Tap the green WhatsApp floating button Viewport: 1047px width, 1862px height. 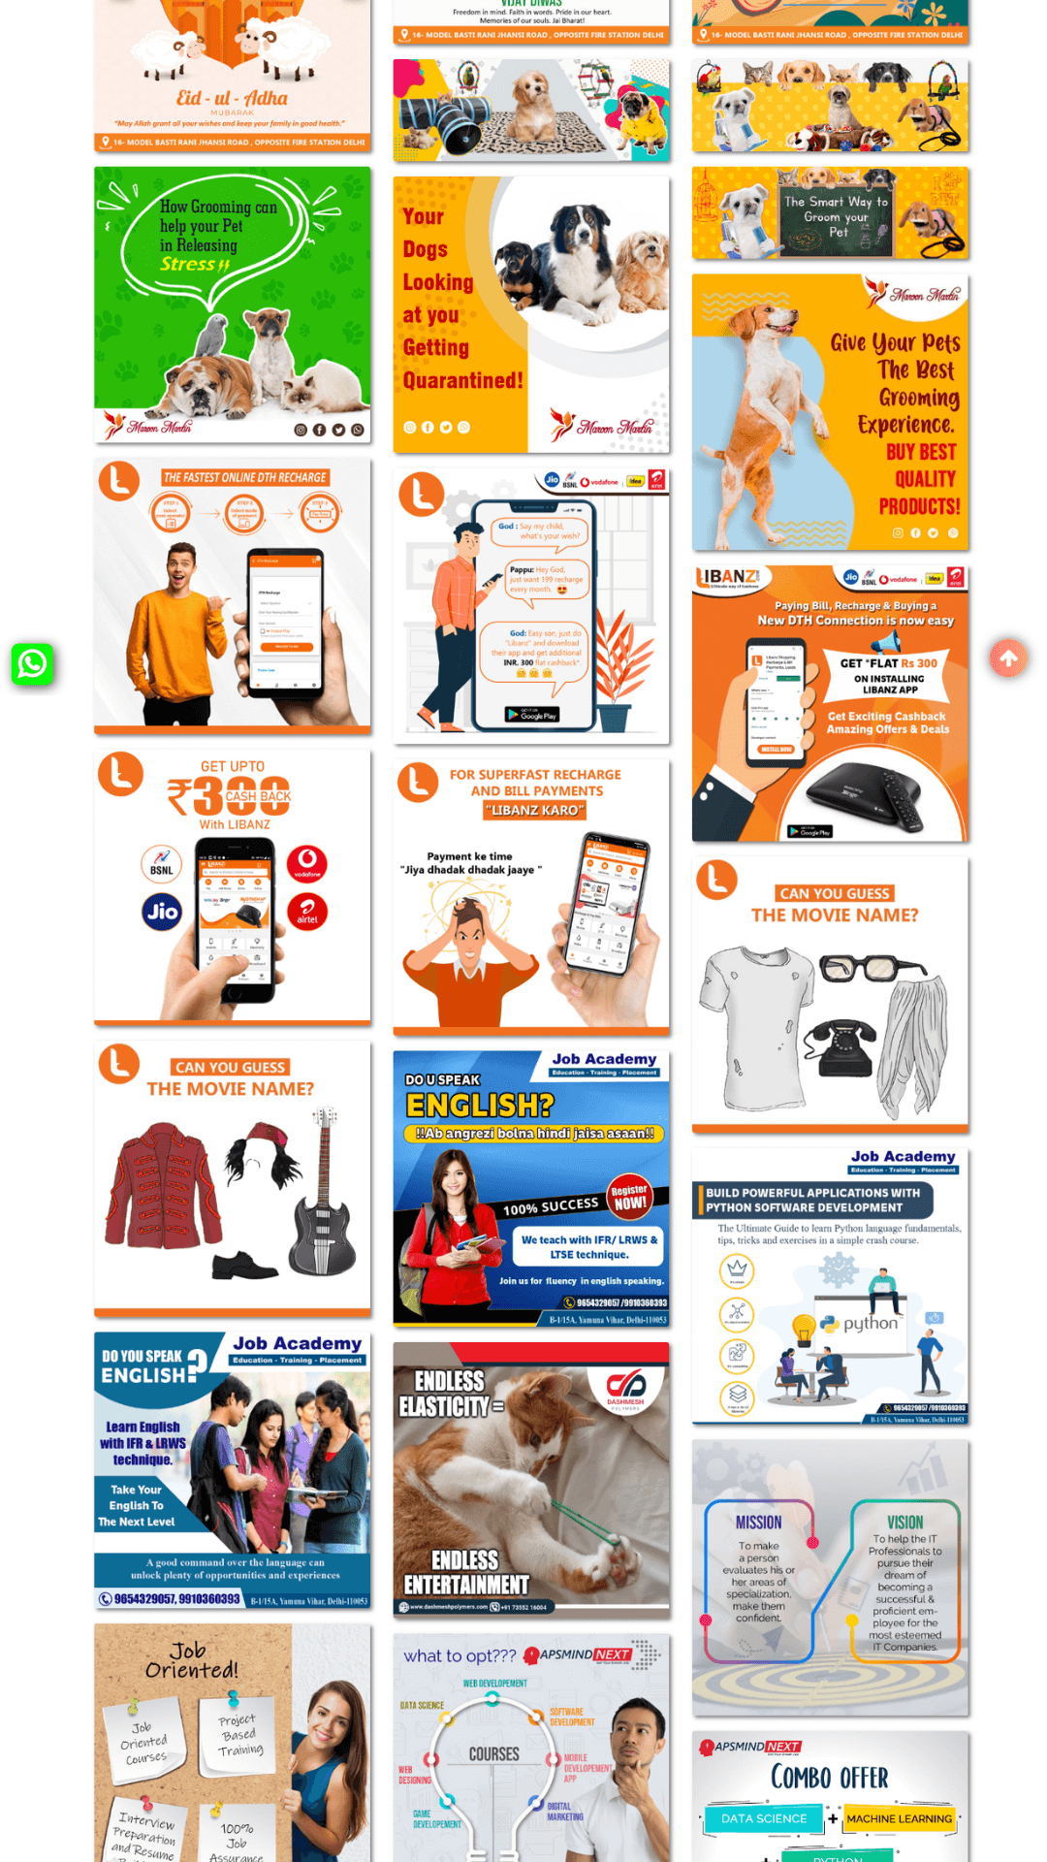[x=32, y=664]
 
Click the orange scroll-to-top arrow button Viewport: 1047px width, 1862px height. [x=1008, y=658]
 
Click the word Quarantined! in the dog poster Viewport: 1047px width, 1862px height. [x=462, y=381]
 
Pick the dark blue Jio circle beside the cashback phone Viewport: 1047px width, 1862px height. [x=162, y=912]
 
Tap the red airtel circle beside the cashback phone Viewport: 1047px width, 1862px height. [x=307, y=912]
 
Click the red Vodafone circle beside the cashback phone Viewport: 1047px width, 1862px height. [x=306, y=863]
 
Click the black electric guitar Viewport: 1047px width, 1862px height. [x=323, y=1203]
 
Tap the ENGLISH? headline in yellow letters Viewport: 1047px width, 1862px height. [x=480, y=1106]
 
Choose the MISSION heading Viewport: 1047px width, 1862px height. [x=758, y=1523]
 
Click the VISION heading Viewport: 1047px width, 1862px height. [x=904, y=1523]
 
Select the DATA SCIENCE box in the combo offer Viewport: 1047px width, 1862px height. [x=763, y=1818]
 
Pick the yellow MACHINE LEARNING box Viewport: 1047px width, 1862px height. [x=899, y=1818]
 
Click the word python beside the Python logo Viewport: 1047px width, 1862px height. [x=870, y=1323]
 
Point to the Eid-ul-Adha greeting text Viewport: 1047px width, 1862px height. [x=232, y=99]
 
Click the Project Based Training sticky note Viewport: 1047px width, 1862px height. [x=239, y=1735]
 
